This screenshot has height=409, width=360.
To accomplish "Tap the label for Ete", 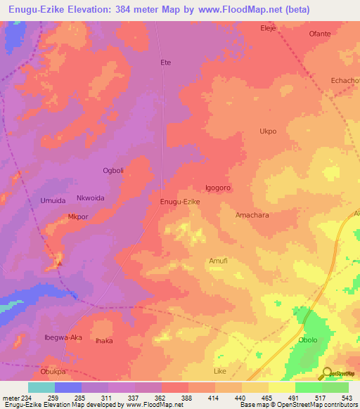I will tap(166, 63).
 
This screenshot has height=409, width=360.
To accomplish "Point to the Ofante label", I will tap(320, 34).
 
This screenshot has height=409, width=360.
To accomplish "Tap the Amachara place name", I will tap(252, 216).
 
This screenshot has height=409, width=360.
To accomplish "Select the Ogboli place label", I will tap(113, 171).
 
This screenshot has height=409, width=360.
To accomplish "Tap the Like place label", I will tap(220, 370).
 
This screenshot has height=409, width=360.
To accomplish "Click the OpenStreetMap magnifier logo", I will tap(327, 374).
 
